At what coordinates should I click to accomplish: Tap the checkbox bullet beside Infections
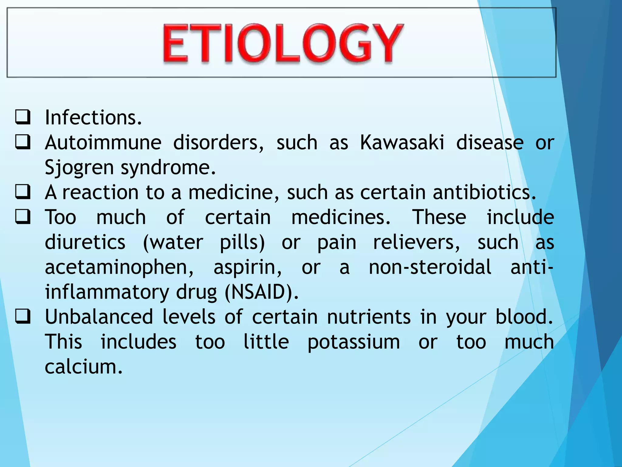tap(23, 118)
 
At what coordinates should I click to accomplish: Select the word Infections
tap(93, 118)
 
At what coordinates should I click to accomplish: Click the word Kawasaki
tap(402, 142)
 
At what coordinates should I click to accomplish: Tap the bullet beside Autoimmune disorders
tap(23, 143)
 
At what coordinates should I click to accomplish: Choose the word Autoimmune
tap(103, 142)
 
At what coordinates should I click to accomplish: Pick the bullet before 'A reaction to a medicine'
tap(23, 192)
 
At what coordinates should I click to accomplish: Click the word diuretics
tap(85, 242)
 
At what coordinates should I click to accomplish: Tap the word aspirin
tap(248, 267)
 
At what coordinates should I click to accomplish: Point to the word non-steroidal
tap(430, 267)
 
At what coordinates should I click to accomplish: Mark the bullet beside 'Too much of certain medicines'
tap(23, 217)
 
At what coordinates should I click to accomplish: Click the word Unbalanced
tap(99, 317)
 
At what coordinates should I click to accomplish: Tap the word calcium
tap(83, 367)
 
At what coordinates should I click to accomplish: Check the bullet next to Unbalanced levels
tap(23, 317)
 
